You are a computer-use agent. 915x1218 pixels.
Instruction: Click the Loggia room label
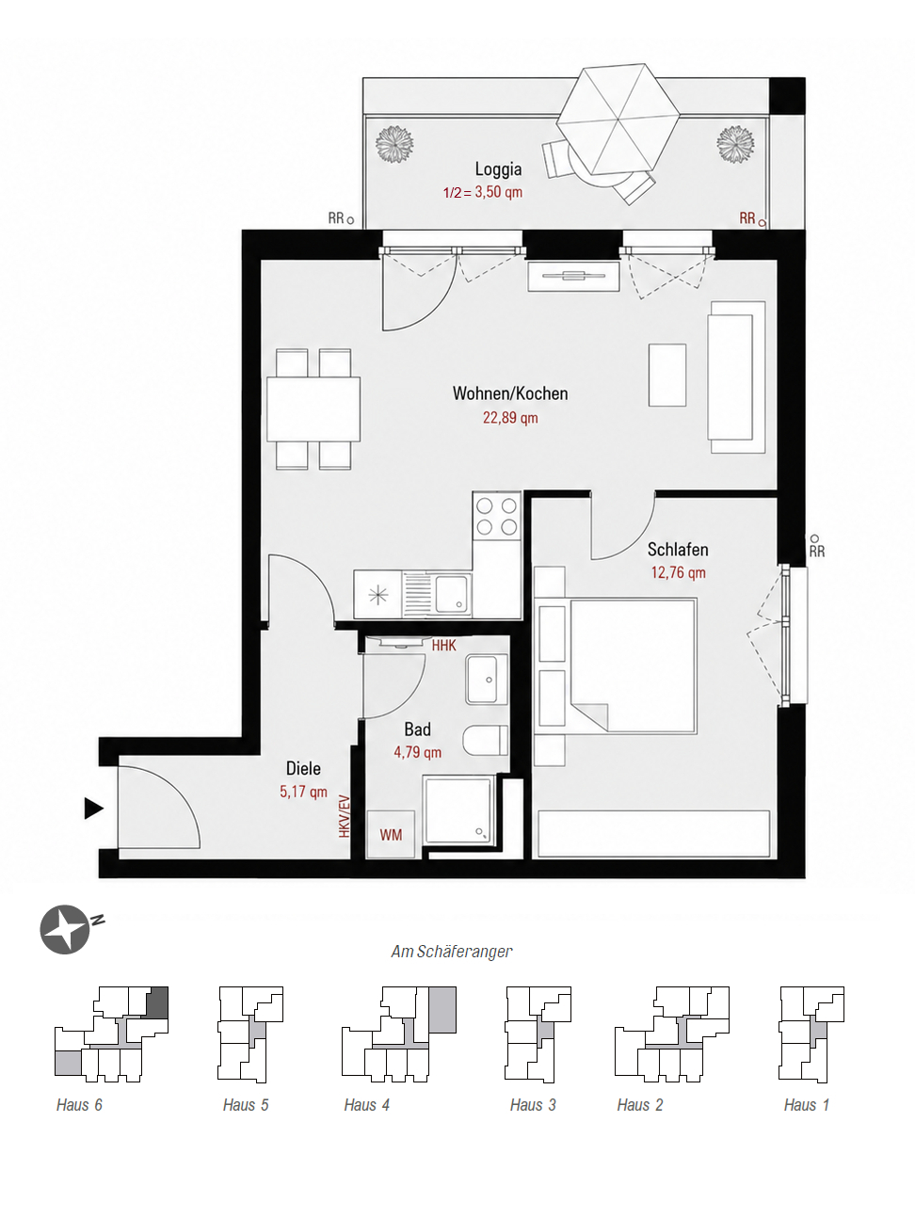(x=498, y=169)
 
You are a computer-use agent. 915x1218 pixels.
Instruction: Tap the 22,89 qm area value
(x=510, y=418)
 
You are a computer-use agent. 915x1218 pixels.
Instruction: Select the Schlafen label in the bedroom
(x=678, y=550)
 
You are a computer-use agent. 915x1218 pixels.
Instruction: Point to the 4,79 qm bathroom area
(x=417, y=752)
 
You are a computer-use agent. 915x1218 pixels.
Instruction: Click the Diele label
(x=303, y=768)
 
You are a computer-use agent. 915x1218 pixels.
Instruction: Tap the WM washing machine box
(x=391, y=835)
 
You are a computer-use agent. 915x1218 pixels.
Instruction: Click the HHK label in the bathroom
(x=444, y=646)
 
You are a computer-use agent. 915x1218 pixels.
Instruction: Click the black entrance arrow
(x=93, y=808)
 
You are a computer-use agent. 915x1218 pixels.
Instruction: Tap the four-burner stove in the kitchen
(x=497, y=516)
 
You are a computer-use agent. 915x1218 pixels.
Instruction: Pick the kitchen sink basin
(x=451, y=594)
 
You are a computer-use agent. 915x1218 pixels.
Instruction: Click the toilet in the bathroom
(x=486, y=740)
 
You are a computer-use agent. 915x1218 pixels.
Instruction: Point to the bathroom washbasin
(x=486, y=680)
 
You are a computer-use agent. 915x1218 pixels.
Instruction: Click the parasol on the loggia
(x=618, y=120)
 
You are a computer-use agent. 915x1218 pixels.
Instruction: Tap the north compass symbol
(x=66, y=929)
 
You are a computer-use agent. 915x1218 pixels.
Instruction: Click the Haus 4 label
(x=367, y=1105)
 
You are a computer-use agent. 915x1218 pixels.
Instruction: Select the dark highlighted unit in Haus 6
(x=157, y=1002)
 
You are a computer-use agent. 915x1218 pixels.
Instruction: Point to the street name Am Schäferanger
(x=452, y=952)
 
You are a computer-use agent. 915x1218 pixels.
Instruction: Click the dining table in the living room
(x=313, y=409)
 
